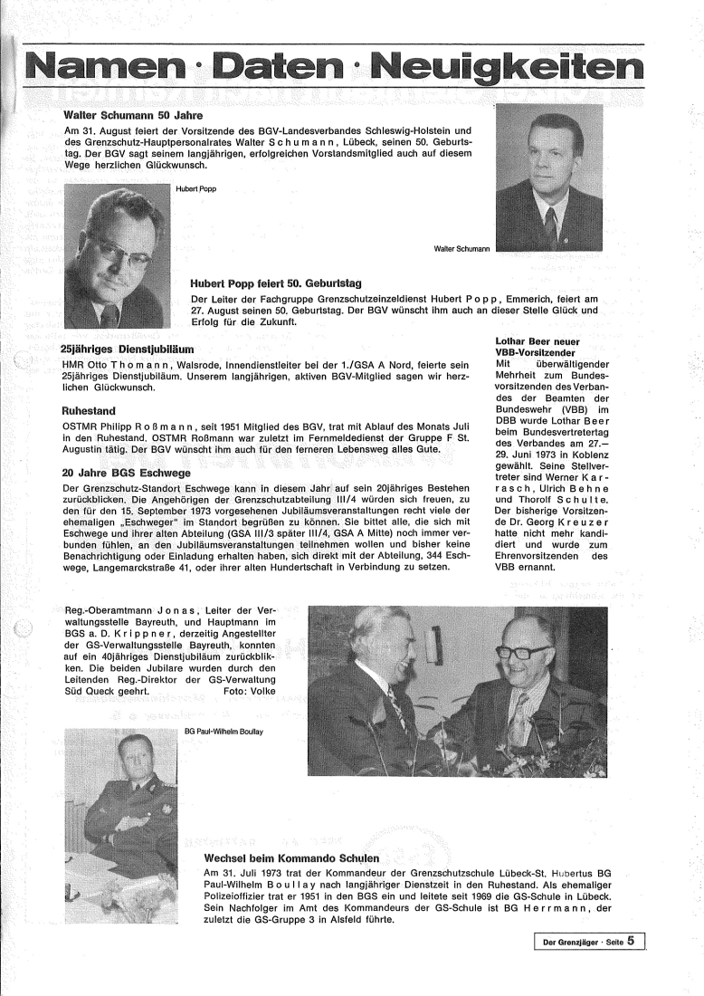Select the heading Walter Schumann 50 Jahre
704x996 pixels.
(132, 116)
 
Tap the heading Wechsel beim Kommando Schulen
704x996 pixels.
(291, 857)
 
